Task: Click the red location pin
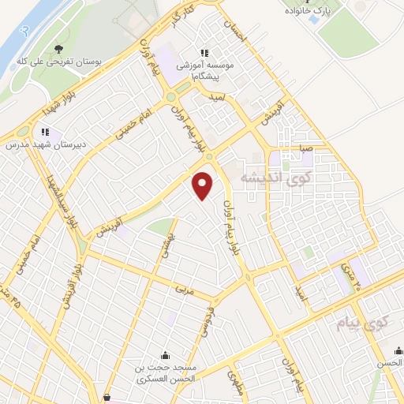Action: click(204, 185)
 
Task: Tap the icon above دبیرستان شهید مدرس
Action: click(45, 131)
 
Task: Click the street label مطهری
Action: click(235, 383)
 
